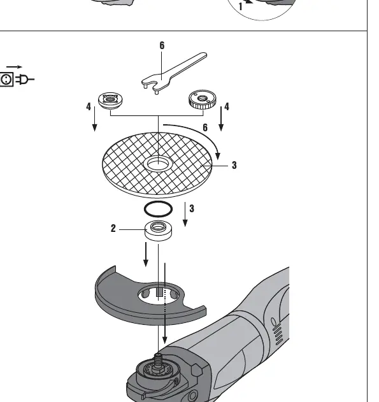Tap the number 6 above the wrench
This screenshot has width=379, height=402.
pos(162,45)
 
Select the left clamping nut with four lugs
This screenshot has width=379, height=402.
pos(110,100)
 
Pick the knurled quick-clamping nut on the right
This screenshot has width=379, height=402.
pos(203,99)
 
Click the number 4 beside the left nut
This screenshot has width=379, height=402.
pos(89,106)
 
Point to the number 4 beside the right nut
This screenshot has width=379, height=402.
pos(227,106)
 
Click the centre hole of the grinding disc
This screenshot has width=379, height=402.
pos(157,164)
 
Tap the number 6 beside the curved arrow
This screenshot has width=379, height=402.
pos(205,127)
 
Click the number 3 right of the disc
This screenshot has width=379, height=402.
pos(234,165)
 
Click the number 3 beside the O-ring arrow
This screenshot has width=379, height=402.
pos(192,208)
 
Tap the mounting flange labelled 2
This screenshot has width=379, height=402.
pos(158,231)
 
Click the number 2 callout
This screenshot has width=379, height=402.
pos(113,228)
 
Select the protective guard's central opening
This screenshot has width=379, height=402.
pos(159,296)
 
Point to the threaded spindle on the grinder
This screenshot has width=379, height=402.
pos(158,359)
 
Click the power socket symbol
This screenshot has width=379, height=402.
pos(6,79)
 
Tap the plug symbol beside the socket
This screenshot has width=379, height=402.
pos(25,79)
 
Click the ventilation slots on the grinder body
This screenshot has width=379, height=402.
pos(276,331)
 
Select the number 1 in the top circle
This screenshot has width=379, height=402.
pos(240,6)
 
